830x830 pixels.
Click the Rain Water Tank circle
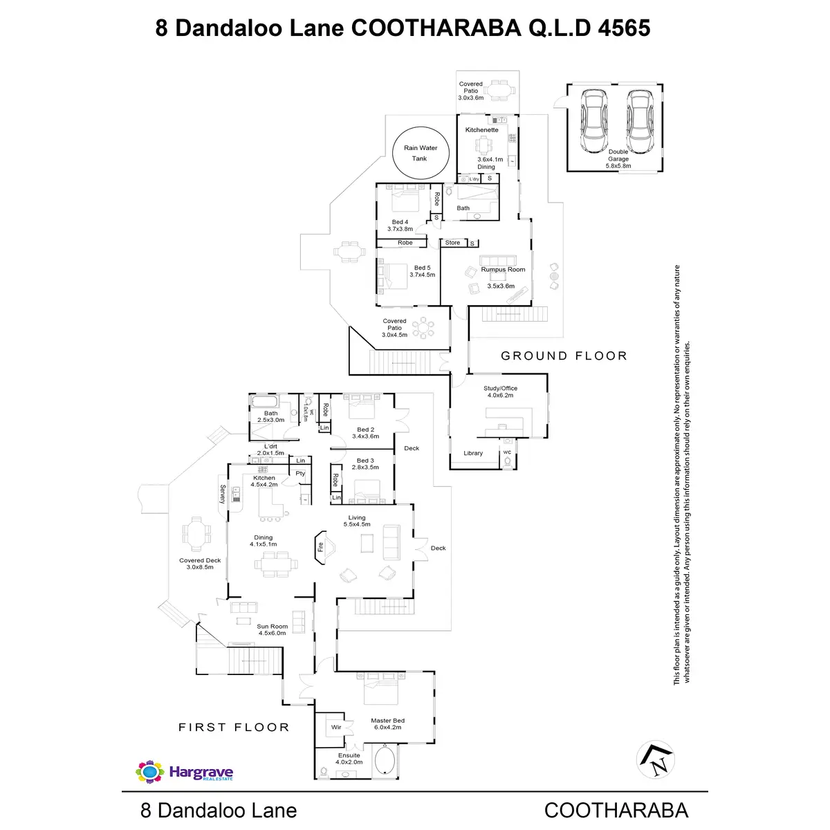coord(420,153)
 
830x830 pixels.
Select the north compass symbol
coord(655,759)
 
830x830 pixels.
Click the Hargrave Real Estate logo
coord(185,772)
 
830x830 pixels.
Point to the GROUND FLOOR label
coord(564,356)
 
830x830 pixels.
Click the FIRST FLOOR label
coord(234,727)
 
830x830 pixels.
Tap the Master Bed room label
coord(387,721)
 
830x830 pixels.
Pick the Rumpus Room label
coord(503,270)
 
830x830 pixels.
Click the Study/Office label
coord(500,389)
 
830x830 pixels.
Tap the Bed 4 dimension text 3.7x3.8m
coord(400,229)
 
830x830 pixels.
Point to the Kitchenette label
coord(481,130)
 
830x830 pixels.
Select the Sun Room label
coord(272,627)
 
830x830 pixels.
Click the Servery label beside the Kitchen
coord(223,493)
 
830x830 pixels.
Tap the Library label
coord(473,454)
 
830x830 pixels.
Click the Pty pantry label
coord(300,474)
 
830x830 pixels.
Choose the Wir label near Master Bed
coord(336,728)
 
